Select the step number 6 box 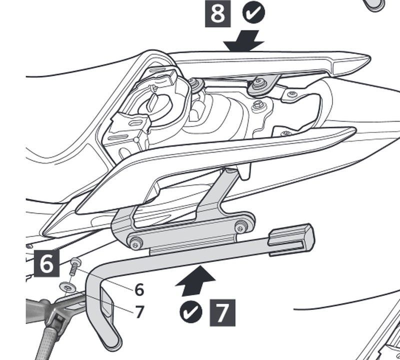(46, 263)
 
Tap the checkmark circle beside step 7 (191, 311)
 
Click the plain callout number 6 (139, 289)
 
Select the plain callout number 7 (139, 312)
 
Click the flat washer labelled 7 (67, 287)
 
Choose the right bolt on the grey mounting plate (243, 228)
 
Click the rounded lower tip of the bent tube (111, 343)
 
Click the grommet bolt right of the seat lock (193, 85)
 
